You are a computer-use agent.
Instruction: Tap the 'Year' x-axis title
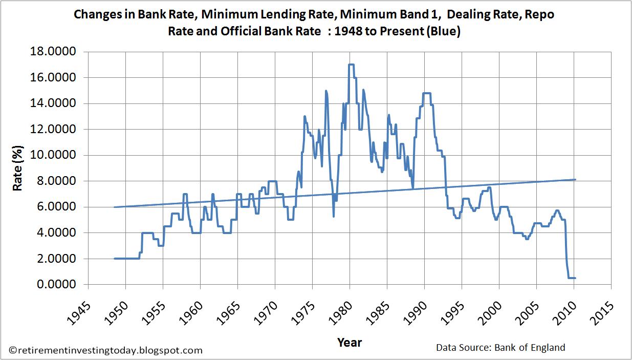(x=350, y=342)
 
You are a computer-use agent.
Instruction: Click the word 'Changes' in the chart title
(x=95, y=14)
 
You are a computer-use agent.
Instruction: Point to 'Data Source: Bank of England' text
(x=500, y=347)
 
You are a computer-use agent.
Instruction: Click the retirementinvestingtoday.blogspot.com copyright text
(x=106, y=350)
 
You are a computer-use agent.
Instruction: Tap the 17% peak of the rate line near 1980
(x=351, y=65)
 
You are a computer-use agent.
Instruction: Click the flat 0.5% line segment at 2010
(x=572, y=278)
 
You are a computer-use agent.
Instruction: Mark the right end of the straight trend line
(x=575, y=179)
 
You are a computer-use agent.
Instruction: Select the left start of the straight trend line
(x=114, y=207)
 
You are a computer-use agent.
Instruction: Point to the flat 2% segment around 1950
(x=126, y=259)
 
